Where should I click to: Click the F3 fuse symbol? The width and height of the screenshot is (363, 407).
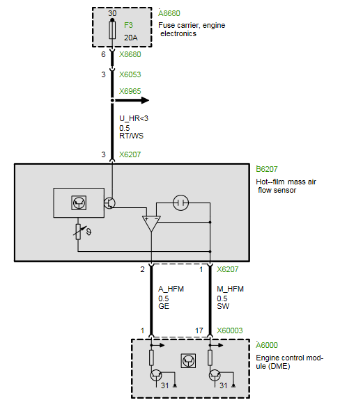[112, 30]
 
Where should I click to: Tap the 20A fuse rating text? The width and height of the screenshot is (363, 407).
[130, 38]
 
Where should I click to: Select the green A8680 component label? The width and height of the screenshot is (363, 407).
[169, 13]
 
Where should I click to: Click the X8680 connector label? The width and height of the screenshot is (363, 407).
[130, 54]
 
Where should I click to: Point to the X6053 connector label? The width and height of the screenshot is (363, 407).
[130, 74]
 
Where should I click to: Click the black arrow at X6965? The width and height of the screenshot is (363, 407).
[132, 100]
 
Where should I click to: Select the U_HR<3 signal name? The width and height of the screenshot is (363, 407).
[134, 118]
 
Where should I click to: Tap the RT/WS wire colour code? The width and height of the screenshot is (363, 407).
[131, 136]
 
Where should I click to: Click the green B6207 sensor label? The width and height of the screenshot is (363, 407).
[267, 169]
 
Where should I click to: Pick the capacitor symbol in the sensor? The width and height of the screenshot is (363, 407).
[180, 202]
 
